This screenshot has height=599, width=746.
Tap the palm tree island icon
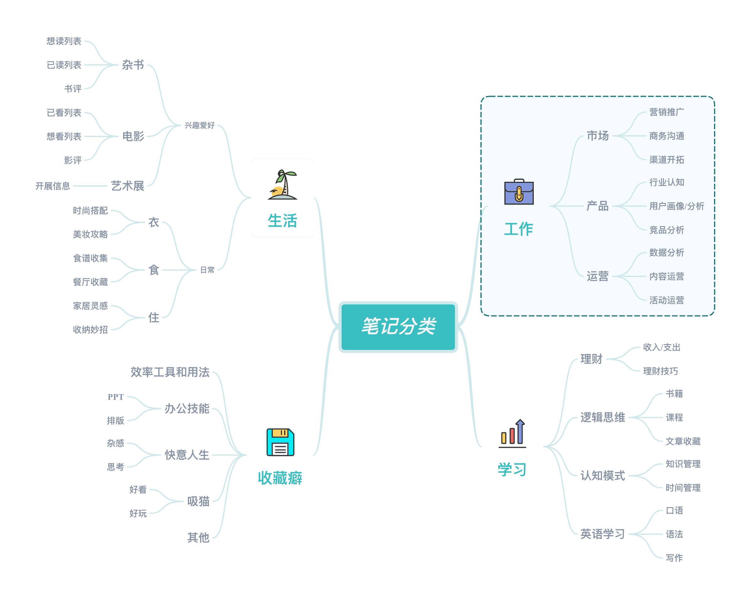(x=282, y=185)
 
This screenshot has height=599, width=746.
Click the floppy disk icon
(x=280, y=442)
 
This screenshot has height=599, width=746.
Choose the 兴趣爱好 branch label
(x=199, y=125)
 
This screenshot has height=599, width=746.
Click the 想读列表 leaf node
(x=64, y=41)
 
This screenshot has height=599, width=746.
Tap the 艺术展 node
(x=128, y=186)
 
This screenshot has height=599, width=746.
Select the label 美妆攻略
(x=90, y=234)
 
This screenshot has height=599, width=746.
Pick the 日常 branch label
(x=207, y=270)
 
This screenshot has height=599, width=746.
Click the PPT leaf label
(x=116, y=397)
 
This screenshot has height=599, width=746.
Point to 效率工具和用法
(x=170, y=372)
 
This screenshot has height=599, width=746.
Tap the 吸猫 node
(x=198, y=501)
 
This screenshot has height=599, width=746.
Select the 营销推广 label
(x=667, y=112)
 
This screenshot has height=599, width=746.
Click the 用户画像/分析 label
(x=676, y=206)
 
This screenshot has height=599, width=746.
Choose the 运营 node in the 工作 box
(x=597, y=276)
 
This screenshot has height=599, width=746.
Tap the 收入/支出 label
(x=662, y=347)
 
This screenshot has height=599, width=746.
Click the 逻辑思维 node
(x=603, y=417)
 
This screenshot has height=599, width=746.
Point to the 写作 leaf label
(x=674, y=558)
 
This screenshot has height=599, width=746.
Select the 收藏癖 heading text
(x=280, y=478)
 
